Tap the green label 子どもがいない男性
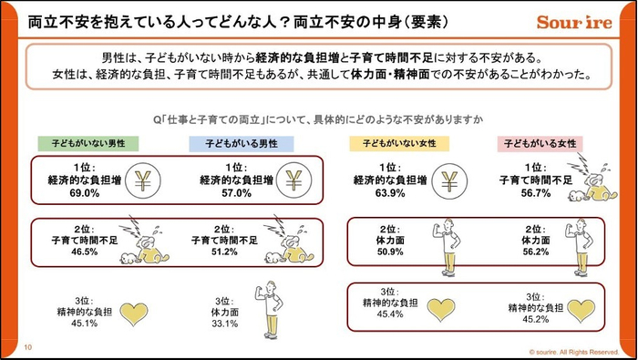(87, 144)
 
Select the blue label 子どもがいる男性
(240, 144)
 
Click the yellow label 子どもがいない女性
(393, 144)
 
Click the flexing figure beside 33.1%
(271, 309)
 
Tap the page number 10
(28, 347)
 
